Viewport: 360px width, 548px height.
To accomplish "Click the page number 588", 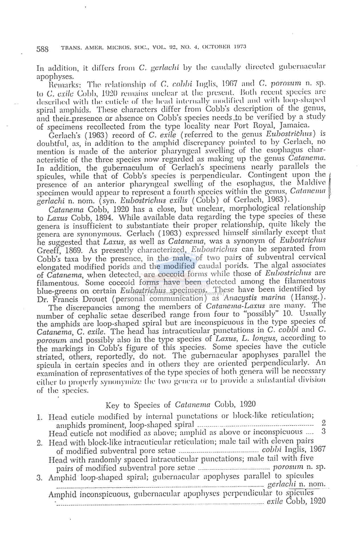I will coord(42,49).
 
